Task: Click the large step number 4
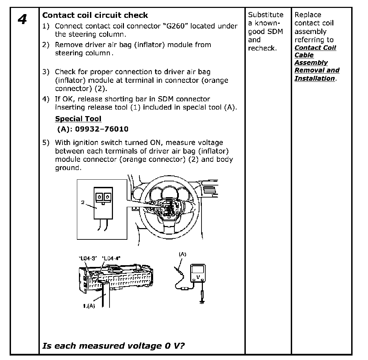(x=22, y=20)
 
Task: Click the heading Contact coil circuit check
(x=95, y=15)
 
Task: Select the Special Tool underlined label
(x=78, y=119)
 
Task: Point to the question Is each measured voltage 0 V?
(x=113, y=346)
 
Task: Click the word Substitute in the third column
(x=266, y=15)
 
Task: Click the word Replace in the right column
(x=308, y=15)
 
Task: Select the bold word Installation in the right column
(x=314, y=78)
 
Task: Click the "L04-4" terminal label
(x=111, y=258)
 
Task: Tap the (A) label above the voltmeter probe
(x=182, y=254)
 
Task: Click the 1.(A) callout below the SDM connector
(x=89, y=306)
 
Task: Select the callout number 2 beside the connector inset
(x=83, y=202)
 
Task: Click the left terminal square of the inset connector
(x=99, y=196)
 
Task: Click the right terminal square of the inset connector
(x=107, y=196)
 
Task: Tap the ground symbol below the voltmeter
(x=202, y=302)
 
